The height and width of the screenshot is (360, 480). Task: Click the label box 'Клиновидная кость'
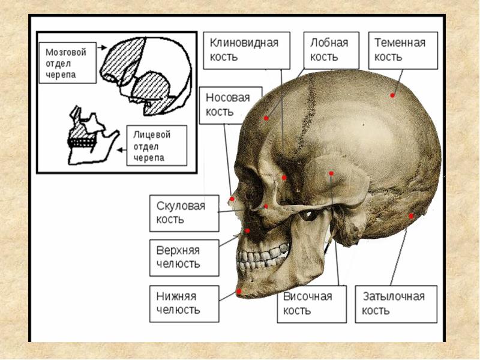pos(244,50)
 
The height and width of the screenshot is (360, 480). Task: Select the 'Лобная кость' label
pos(329,50)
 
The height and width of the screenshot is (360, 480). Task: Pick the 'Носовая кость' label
pos(230,105)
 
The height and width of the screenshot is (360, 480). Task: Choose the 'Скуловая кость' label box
pos(184,213)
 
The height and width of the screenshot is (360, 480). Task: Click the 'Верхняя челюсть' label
pos(184,257)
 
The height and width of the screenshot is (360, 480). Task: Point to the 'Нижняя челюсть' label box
pos(184,303)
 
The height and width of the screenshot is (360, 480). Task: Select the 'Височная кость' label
pos(311,304)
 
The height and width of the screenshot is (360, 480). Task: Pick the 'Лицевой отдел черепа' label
pos(156,146)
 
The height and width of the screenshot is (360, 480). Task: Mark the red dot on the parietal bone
pos(392,95)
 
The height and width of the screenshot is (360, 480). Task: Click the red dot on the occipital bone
pos(411,215)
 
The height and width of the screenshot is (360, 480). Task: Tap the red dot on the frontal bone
pos(266,118)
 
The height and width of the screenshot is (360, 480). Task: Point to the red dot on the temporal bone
pos(331,173)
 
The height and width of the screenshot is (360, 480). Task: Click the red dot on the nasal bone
pos(232,198)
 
